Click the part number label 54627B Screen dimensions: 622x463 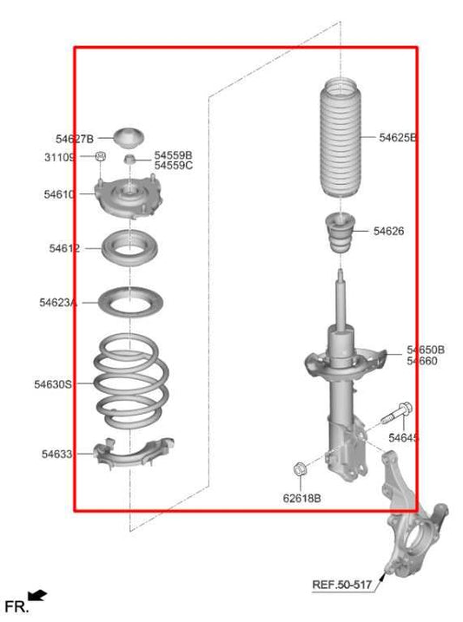tap(74, 138)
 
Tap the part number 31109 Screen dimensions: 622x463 tap(60, 157)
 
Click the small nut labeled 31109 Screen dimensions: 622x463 tap(101, 157)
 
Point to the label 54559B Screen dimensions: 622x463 tap(174, 154)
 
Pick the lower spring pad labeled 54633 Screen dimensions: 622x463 tap(131, 454)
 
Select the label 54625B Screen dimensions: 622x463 tap(398, 138)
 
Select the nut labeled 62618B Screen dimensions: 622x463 tap(299, 469)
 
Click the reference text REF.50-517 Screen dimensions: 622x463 tap(342, 585)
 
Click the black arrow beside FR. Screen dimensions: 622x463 tap(37, 595)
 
